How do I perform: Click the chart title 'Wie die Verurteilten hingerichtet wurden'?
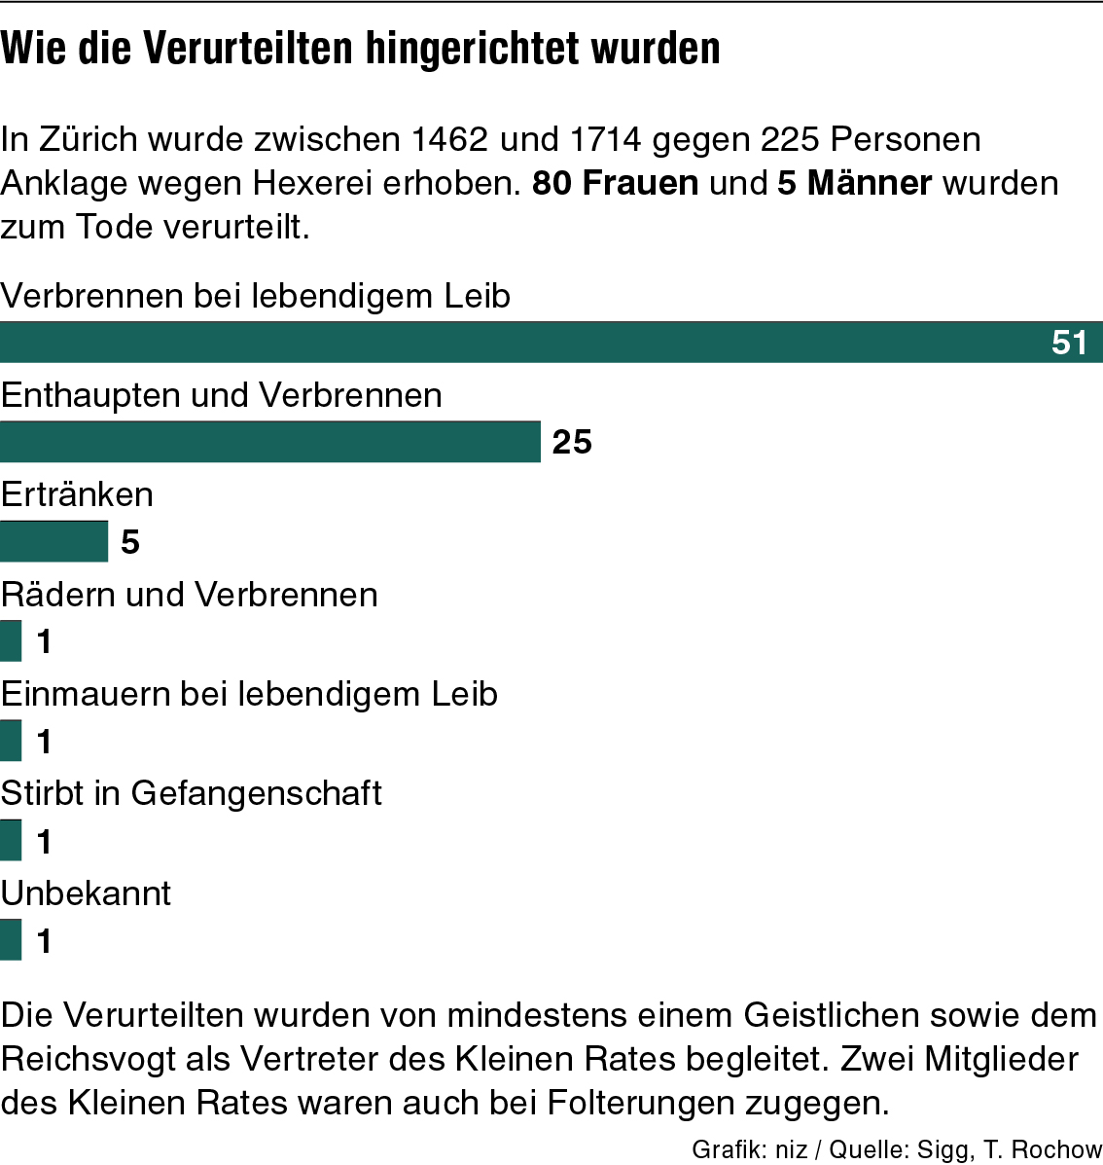[x=360, y=49]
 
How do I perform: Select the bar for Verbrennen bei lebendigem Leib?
[x=525, y=343]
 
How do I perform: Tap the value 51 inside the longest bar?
[x=1069, y=343]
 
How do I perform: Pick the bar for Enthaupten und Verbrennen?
[x=269, y=442]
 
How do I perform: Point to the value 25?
[x=572, y=442]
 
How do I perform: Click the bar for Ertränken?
[x=53, y=541]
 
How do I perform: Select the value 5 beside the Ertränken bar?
[x=130, y=542]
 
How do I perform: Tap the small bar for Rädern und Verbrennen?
[x=11, y=641]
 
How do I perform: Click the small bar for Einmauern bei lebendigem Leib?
[x=11, y=741]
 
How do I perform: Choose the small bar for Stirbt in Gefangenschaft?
[x=11, y=841]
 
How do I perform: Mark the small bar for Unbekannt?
[x=11, y=940]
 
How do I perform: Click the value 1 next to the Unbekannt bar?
[x=44, y=941]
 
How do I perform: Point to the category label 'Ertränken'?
[x=77, y=494]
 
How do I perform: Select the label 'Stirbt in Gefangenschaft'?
[x=191, y=793]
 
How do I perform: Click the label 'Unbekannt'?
[x=86, y=892]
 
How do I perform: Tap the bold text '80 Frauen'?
[x=615, y=183]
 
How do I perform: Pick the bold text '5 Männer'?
[x=854, y=183]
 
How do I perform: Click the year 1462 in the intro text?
[x=448, y=139]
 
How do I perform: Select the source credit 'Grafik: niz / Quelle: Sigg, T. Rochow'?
[x=896, y=1149]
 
